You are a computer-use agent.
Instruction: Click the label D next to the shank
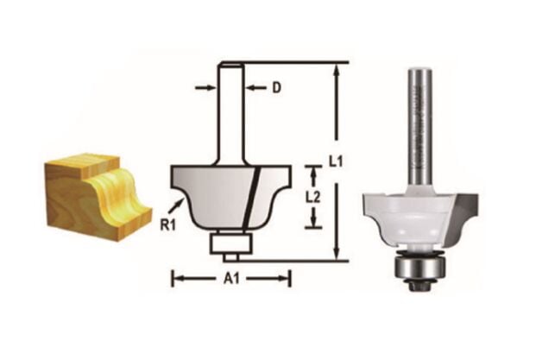[276, 87]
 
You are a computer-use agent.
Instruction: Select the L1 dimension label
[354, 161]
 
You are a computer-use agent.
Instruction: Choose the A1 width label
[232, 278]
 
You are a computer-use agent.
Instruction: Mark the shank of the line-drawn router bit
[230, 112]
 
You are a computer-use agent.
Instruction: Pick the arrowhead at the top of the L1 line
[336, 69]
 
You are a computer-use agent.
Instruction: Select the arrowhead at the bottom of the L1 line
[336, 253]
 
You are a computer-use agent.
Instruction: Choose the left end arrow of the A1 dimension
[180, 278]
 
